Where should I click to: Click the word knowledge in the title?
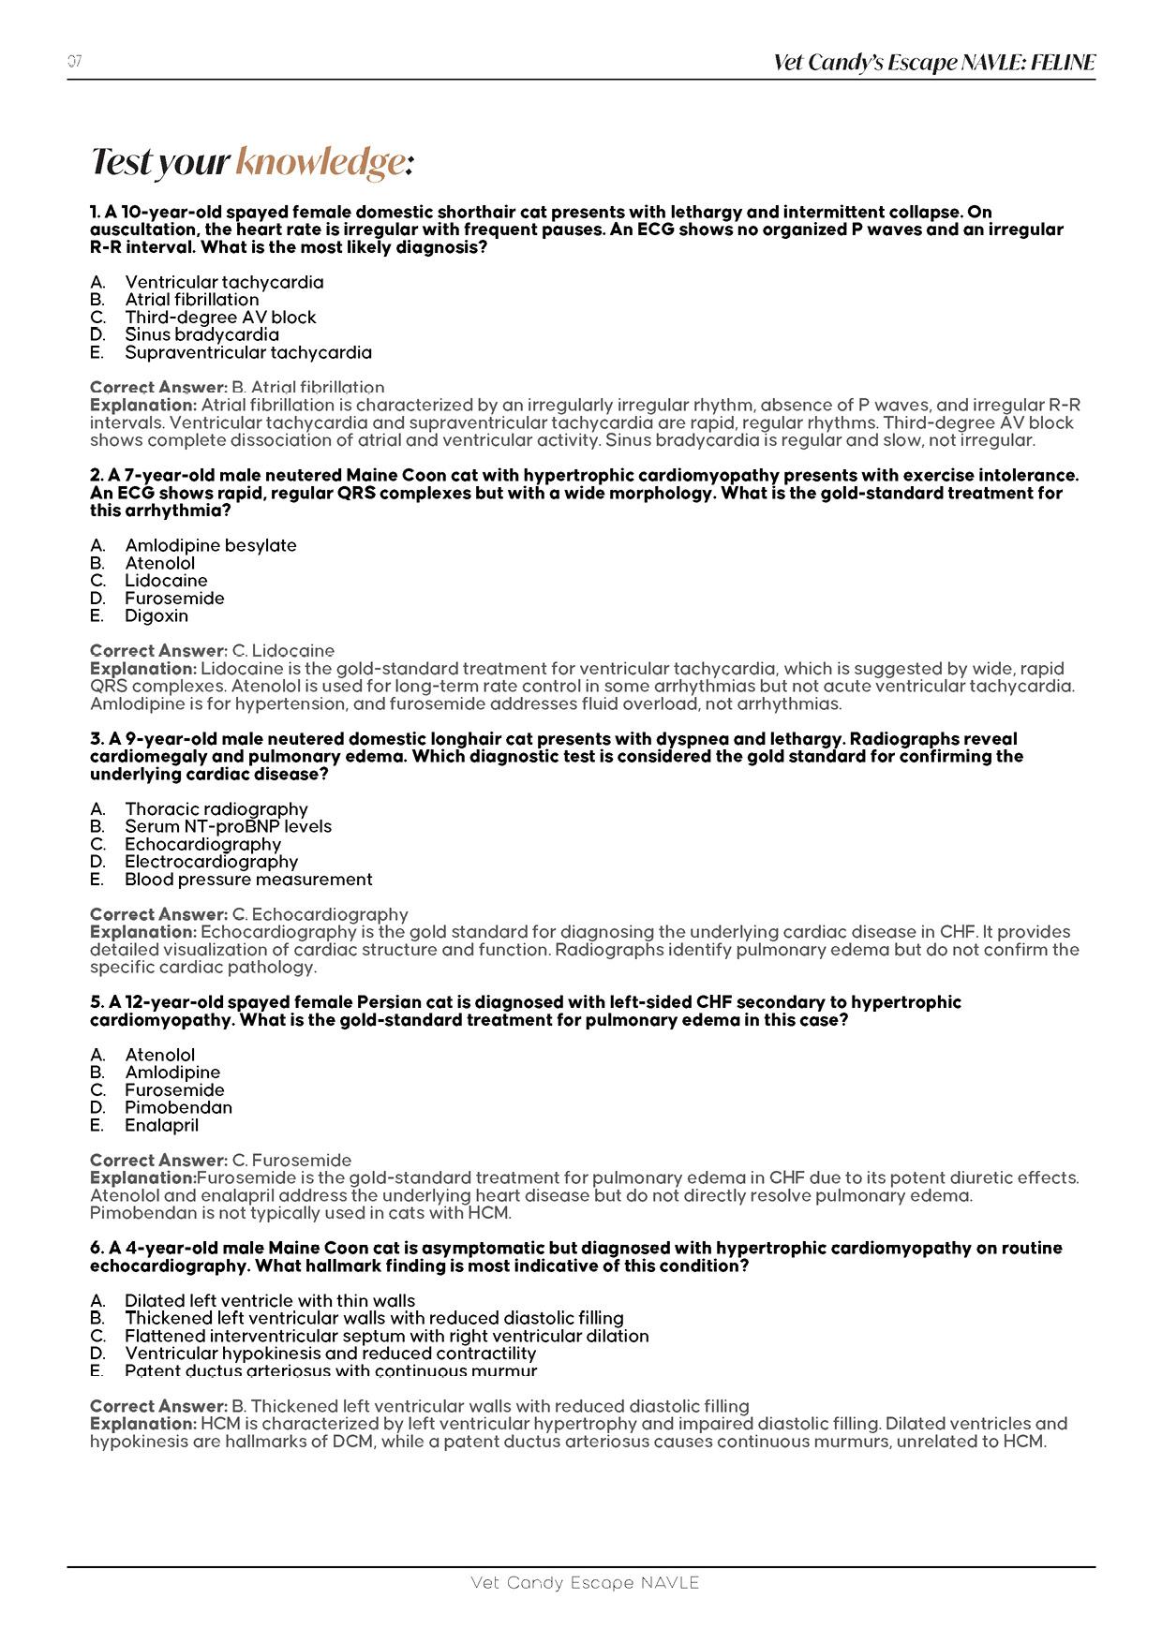(x=320, y=162)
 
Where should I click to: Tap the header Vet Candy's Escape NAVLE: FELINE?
(x=933, y=63)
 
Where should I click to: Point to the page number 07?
(x=75, y=62)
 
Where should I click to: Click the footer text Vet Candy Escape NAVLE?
(x=585, y=1582)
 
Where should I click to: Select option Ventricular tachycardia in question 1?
(x=224, y=282)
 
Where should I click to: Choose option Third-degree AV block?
(x=220, y=317)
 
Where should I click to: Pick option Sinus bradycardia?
(x=201, y=334)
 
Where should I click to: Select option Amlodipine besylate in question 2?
(x=210, y=545)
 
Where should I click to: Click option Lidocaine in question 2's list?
(x=166, y=580)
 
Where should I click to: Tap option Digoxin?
(x=156, y=615)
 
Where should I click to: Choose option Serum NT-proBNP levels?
(x=228, y=826)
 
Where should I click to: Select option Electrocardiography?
(x=211, y=861)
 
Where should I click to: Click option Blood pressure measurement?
(x=248, y=879)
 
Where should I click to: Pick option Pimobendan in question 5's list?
(x=178, y=1107)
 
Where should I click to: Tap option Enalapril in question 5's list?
(x=161, y=1125)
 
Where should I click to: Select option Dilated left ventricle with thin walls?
(x=270, y=1300)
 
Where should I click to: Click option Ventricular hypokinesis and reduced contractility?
(x=330, y=1353)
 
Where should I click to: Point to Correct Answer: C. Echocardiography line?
(x=249, y=914)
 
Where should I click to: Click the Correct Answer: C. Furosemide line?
(x=221, y=1161)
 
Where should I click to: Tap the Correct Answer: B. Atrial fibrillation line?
(x=237, y=387)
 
